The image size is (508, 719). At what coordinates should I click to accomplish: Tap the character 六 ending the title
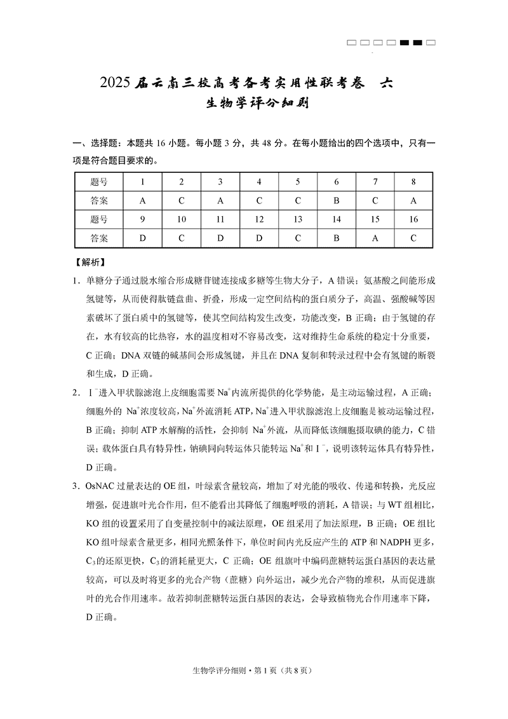coord(385,83)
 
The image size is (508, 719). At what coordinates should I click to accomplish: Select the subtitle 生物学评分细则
coord(253,103)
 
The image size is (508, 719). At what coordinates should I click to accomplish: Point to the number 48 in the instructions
coord(260,144)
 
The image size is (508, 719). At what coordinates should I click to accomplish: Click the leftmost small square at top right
coord(351,43)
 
